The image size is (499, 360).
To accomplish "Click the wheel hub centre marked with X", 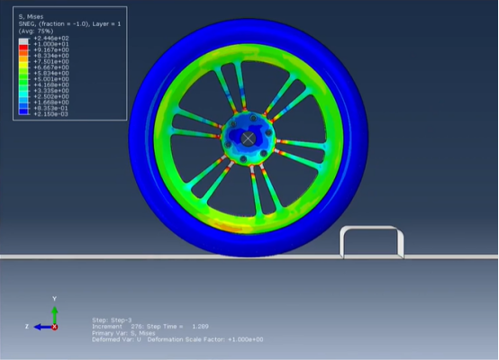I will (x=249, y=138).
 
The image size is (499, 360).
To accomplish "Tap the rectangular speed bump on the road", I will (x=371, y=241).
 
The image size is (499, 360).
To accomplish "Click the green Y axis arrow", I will (x=55, y=313).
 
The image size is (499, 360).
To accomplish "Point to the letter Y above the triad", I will (x=55, y=298).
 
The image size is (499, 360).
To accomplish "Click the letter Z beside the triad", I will (x=27, y=327).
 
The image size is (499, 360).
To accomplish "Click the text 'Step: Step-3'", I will (x=112, y=319).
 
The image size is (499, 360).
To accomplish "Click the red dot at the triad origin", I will (x=55, y=327).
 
